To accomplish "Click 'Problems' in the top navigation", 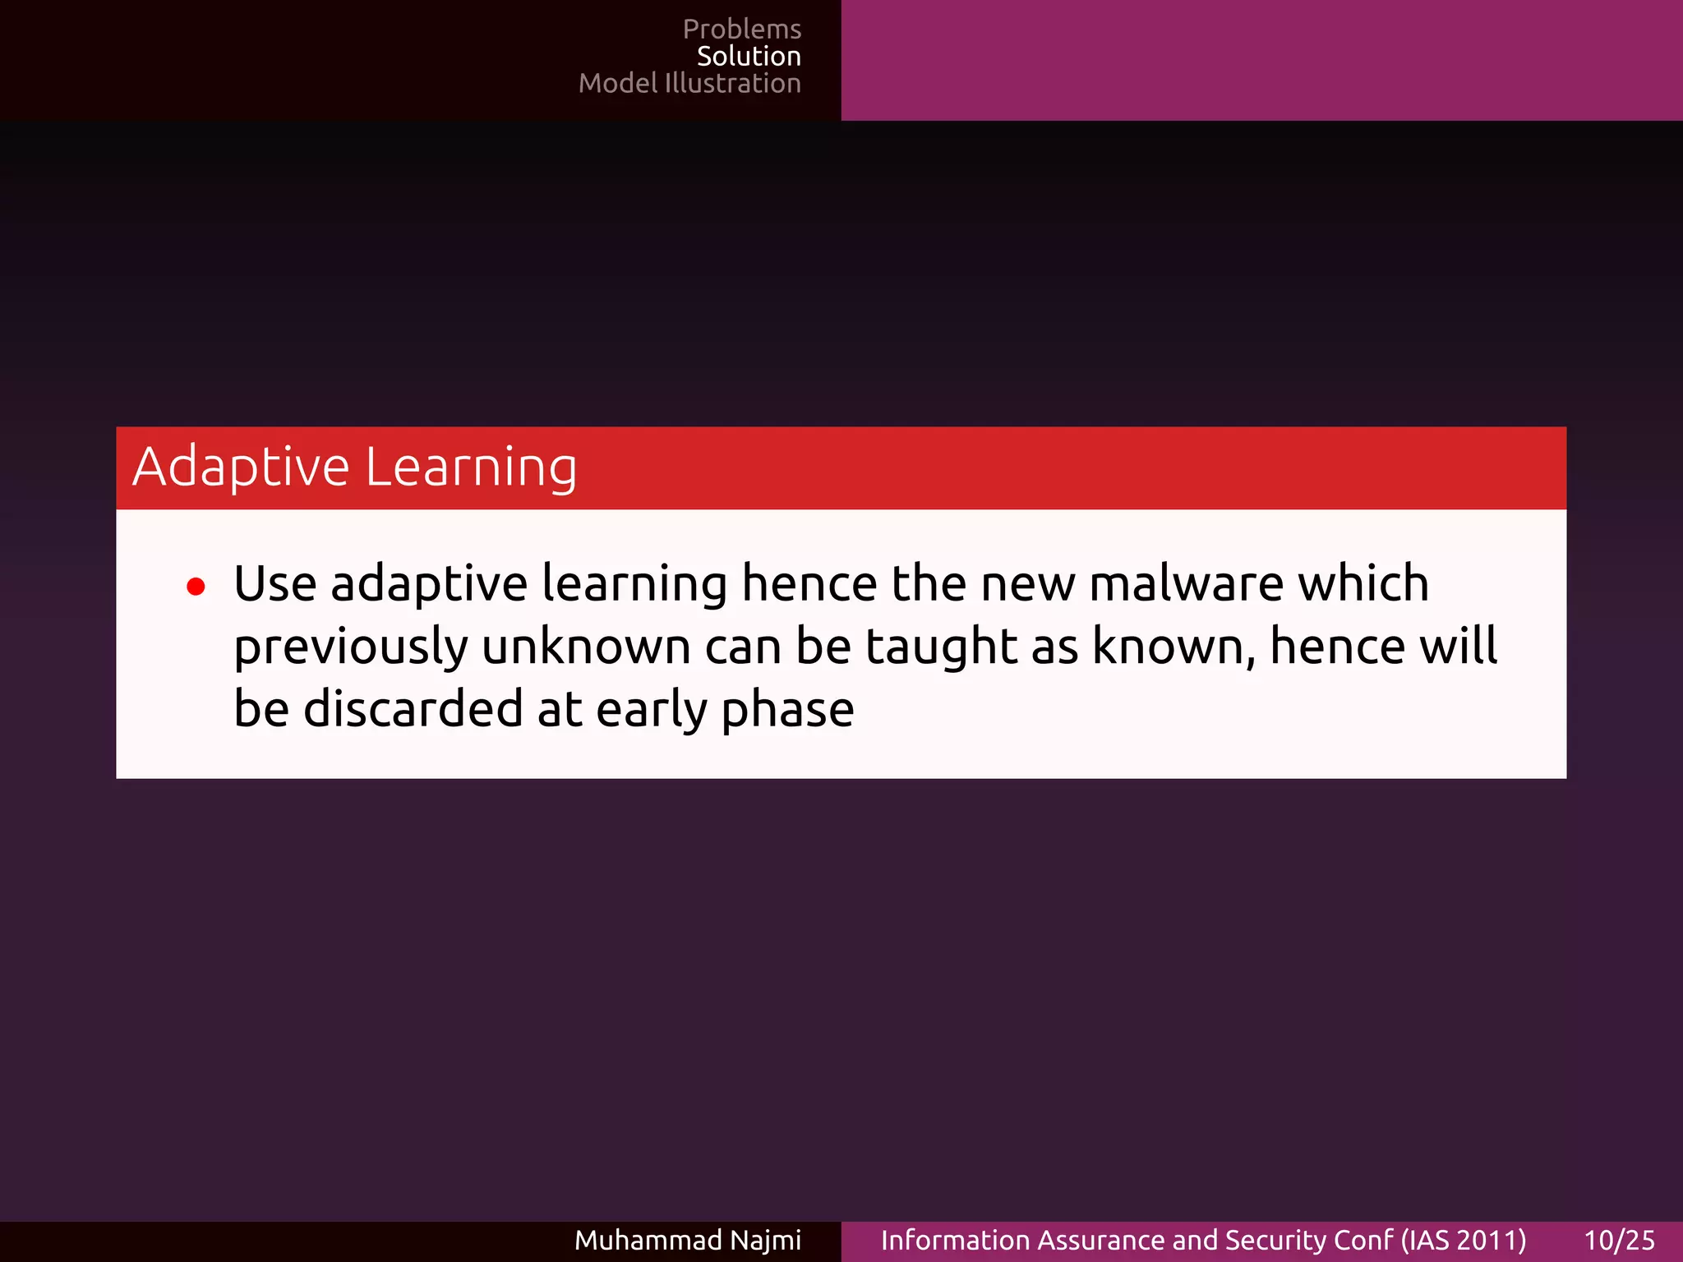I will tap(741, 30).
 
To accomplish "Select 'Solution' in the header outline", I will tap(749, 57).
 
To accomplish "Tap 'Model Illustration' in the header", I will tap(689, 84).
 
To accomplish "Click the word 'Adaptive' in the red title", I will tap(242, 467).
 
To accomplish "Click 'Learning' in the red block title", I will tap(471, 467).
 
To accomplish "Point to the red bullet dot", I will tap(196, 587).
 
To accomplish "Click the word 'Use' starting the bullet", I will tap(274, 584).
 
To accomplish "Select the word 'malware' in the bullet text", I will tap(1186, 584).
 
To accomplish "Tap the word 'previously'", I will tap(351, 647).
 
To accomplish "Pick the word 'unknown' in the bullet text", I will tap(586, 647).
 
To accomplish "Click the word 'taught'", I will tap(941, 647).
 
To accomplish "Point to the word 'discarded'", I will tap(413, 710).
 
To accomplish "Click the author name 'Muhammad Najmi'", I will tap(687, 1241).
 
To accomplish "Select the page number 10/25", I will tap(1619, 1241).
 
